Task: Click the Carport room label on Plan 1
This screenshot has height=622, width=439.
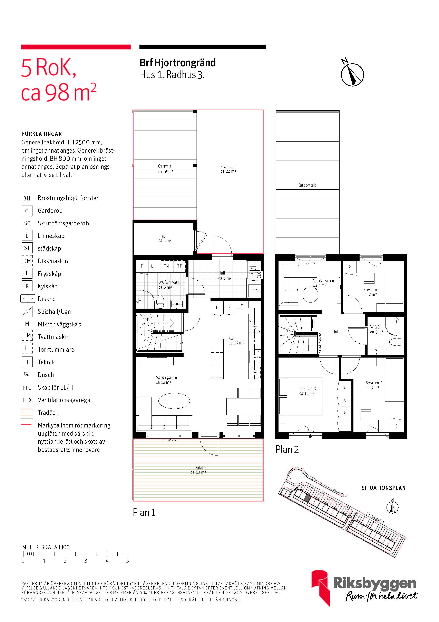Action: point(164,166)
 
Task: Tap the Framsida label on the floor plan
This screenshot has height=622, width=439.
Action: point(228,166)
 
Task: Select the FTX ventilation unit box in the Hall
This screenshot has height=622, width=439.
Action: point(255,291)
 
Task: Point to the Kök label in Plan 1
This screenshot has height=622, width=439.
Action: point(232,338)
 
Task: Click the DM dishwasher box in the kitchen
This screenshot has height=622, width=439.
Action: point(255,372)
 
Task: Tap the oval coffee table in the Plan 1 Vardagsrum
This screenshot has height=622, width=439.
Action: point(174,401)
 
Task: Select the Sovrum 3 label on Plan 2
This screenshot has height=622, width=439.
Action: point(307,388)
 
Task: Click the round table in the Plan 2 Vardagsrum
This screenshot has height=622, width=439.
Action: point(310,295)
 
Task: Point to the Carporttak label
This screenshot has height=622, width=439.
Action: point(307,185)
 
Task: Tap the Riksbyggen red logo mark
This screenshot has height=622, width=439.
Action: point(321,586)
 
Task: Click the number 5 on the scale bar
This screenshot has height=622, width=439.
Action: point(127,560)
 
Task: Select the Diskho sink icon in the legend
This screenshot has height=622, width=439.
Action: point(28,299)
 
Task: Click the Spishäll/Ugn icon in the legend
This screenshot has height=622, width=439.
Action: point(27,311)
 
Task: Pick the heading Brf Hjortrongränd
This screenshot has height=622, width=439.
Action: point(178,63)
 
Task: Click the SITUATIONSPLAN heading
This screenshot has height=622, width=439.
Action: point(383,488)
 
